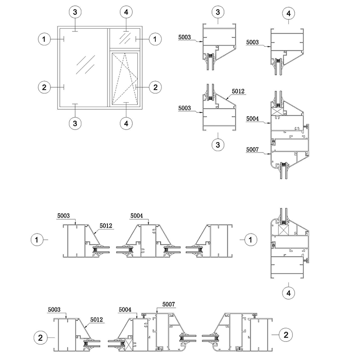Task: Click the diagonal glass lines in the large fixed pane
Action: pos(85,64)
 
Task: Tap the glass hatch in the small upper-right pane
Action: pos(125,38)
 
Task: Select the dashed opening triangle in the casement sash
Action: pos(125,78)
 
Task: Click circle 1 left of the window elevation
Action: pos(44,39)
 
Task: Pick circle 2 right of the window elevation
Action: pos(155,87)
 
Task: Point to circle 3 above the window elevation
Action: pos(75,12)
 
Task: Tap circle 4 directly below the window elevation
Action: pos(126,123)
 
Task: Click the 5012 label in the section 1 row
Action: pos(106,226)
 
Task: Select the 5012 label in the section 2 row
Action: pos(96,319)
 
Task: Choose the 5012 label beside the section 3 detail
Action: pos(238,91)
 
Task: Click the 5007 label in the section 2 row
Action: pos(168,305)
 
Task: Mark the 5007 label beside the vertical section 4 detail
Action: pos(252,150)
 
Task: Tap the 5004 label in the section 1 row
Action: pos(137,216)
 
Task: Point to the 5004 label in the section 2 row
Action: pos(125,310)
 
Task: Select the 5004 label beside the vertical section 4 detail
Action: pos(252,119)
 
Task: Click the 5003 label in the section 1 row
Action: pos(63,216)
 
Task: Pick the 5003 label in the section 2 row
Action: pos(54,310)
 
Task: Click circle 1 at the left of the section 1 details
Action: pos(37,240)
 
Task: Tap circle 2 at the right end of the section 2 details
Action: pos(286,335)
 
